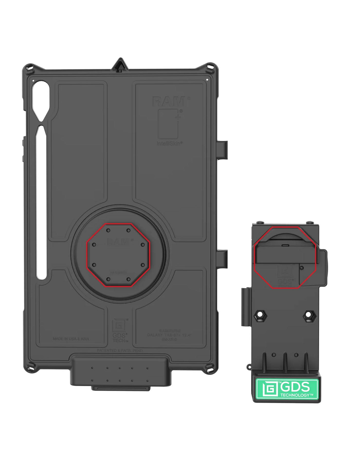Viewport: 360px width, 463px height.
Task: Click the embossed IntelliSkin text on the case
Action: (170, 143)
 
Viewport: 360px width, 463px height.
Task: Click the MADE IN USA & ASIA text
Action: (71, 339)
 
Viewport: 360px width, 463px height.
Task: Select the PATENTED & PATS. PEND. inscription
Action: (120, 351)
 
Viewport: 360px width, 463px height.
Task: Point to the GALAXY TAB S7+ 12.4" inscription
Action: (170, 335)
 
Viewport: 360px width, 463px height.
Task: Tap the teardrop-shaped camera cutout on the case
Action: (41, 99)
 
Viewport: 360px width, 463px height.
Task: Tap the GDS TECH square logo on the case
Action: (119, 325)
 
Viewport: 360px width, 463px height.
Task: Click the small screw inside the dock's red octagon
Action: (302, 268)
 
